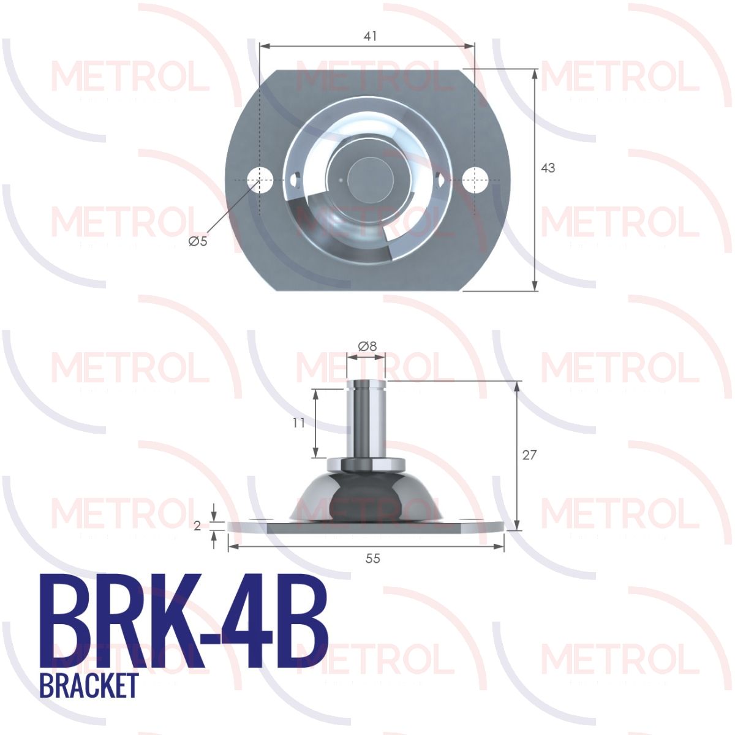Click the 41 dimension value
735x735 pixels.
pyautogui.click(x=370, y=36)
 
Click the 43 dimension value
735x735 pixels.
pyautogui.click(x=548, y=168)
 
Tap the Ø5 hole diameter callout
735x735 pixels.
pyautogui.click(x=198, y=241)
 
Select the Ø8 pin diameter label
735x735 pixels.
pyautogui.click(x=367, y=346)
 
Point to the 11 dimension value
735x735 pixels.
pyautogui.click(x=299, y=423)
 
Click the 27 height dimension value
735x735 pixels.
pyautogui.click(x=529, y=455)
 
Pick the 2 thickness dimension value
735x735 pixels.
pyautogui.click(x=197, y=526)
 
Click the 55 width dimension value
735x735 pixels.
pyautogui.click(x=372, y=559)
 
